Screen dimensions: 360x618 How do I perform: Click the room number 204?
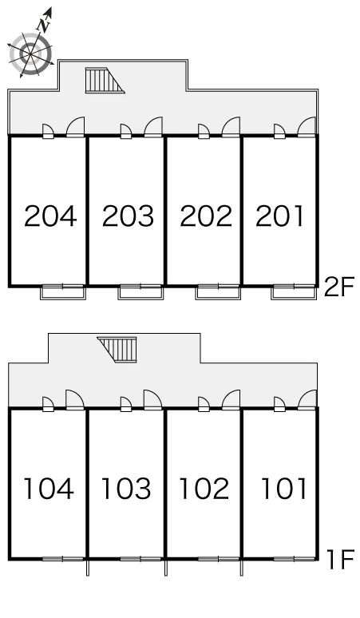pos(50,216)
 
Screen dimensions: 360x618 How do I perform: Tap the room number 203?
pos(128,216)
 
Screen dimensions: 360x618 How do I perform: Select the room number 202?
pos(206,216)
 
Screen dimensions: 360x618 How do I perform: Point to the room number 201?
pos(280,216)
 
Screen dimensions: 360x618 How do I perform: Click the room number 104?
pos(49,489)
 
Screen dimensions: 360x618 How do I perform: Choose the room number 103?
pos(126,489)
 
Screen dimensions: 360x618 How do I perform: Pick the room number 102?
pos(204,489)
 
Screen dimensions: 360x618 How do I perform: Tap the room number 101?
pos(284,489)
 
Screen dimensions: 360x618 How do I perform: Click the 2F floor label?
pos(339,287)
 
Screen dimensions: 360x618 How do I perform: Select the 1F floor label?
pos(341,560)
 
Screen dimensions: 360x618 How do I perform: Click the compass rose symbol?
pos(30,53)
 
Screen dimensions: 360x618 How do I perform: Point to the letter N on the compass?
pos(44,26)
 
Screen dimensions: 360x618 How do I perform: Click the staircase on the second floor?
pos(105,81)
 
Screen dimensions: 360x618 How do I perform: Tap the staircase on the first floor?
pos(117,349)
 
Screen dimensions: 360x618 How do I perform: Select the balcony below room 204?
pos(63,292)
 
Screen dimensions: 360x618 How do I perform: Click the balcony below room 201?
pos(294,292)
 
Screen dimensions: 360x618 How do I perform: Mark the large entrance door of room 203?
pos(153,127)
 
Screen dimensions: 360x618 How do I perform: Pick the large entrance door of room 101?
pos(307,400)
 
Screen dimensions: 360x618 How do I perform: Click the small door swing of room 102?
pos(204,404)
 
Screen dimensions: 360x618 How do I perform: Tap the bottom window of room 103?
pos(140,558)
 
